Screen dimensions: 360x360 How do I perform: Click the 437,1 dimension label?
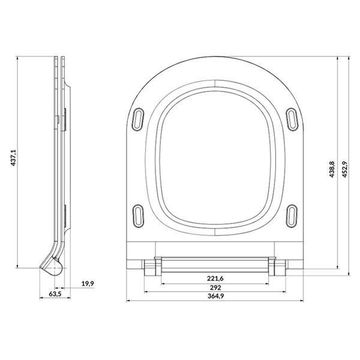[14, 158]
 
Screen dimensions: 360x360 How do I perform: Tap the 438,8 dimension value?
[332, 169]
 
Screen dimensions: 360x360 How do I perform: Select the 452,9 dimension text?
[344, 169]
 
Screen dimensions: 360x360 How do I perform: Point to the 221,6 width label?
[215, 278]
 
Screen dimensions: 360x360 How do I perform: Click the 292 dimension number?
[215, 287]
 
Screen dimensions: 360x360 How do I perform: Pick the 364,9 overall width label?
[215, 296]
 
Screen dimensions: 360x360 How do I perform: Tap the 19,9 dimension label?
[88, 284]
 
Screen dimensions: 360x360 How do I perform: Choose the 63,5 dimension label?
[55, 294]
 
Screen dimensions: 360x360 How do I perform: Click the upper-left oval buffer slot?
[138, 119]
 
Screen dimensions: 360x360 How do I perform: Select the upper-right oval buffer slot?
[292, 119]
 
